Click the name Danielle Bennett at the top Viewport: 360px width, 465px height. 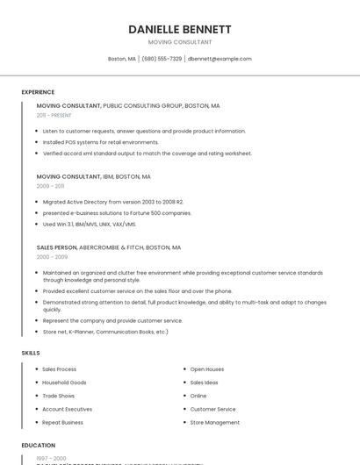(180, 29)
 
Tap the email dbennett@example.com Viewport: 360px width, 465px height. (220, 59)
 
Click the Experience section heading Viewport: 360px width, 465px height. (38, 92)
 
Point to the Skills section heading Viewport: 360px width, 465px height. (31, 353)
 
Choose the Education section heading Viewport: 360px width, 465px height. (39, 446)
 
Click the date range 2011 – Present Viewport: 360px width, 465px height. (54, 115)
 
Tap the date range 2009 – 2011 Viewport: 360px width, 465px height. (50, 186)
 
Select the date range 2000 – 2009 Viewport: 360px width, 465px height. (52, 257)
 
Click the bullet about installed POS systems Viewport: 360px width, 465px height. (101, 142)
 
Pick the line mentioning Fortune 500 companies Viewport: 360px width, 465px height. (117, 213)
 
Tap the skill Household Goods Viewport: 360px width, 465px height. (64, 383)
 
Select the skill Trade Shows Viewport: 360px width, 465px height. (59, 396)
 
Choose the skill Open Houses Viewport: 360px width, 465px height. (207, 369)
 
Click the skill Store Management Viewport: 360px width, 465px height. (215, 422)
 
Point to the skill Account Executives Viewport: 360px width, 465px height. (67, 409)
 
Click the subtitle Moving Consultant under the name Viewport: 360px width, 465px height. (180, 42)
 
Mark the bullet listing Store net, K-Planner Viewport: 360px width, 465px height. (105, 333)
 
